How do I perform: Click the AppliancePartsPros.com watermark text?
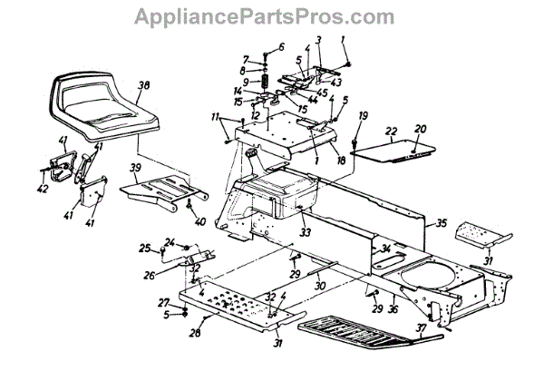(x=271, y=16)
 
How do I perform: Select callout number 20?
(x=419, y=128)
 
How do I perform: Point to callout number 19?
(x=363, y=115)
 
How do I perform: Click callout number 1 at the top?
(x=344, y=39)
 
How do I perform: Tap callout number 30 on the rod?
(x=317, y=284)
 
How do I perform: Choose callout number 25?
(x=142, y=248)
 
